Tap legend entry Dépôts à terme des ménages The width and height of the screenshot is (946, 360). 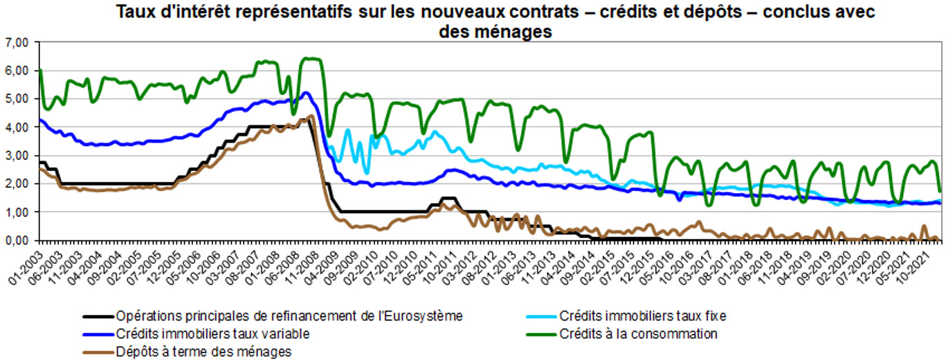(x=203, y=352)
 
